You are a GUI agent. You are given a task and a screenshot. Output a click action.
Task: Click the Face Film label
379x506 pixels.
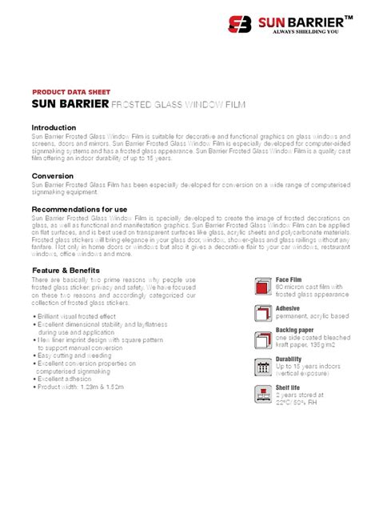(290, 279)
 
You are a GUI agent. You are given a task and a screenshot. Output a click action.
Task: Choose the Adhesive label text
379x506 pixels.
(288, 307)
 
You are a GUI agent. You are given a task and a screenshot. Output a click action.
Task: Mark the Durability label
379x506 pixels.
(289, 359)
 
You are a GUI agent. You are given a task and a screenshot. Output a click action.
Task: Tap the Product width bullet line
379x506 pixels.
(83, 386)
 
